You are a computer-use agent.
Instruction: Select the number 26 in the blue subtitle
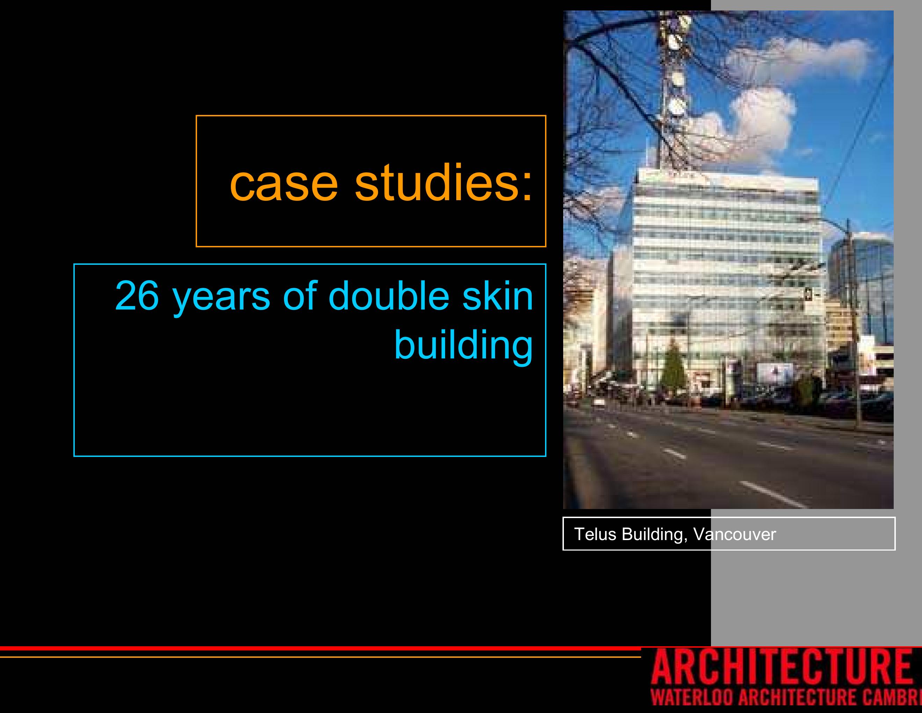click(x=137, y=296)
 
